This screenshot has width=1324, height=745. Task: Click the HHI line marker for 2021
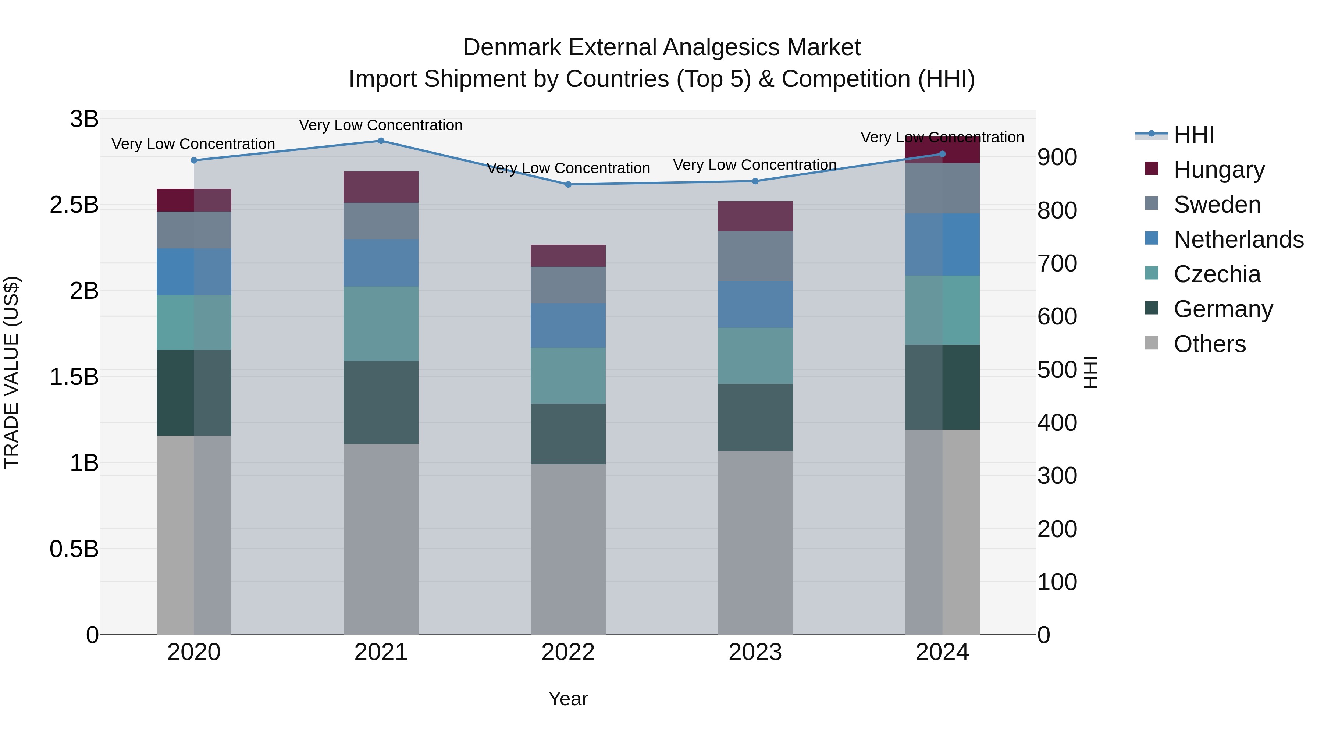click(x=381, y=141)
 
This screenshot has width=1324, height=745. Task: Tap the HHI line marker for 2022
click(x=568, y=185)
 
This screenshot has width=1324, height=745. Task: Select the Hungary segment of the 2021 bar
click(x=381, y=187)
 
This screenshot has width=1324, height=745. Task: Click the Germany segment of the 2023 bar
click(x=755, y=418)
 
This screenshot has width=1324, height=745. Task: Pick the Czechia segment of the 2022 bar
click(x=568, y=376)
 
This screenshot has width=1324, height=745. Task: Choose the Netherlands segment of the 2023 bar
click(x=755, y=304)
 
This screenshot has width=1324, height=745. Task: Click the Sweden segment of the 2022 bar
click(x=568, y=285)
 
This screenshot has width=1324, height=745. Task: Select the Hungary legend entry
click(x=1218, y=170)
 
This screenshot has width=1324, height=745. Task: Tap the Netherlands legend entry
click(x=1238, y=240)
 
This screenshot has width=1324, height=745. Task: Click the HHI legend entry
click(x=1193, y=135)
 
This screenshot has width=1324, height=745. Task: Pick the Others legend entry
click(x=1209, y=344)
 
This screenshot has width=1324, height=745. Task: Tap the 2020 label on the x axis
click(x=194, y=652)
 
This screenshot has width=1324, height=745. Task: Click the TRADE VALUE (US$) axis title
click(x=11, y=372)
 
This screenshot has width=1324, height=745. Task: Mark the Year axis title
click(x=568, y=699)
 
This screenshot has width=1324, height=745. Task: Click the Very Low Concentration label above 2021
click(x=381, y=125)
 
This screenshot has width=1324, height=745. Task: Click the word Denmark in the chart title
click(x=512, y=47)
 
